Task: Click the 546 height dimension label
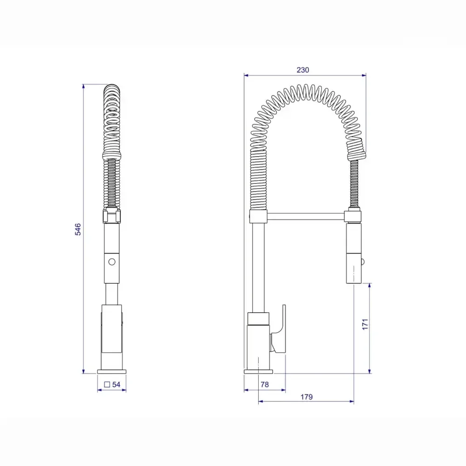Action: (78, 229)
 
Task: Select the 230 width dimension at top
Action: (303, 70)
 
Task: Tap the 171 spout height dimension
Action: (365, 324)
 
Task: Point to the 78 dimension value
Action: (265, 384)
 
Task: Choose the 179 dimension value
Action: (306, 397)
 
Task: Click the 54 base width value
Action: (116, 384)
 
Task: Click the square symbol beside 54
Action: (107, 384)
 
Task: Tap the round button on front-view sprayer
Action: (111, 261)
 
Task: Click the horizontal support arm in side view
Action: (306, 216)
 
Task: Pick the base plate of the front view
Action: (112, 371)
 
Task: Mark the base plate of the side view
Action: (259, 371)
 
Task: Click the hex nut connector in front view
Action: (111, 216)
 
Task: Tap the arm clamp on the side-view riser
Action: (259, 216)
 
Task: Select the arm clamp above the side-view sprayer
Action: (353, 216)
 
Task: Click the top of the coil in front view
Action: (112, 89)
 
